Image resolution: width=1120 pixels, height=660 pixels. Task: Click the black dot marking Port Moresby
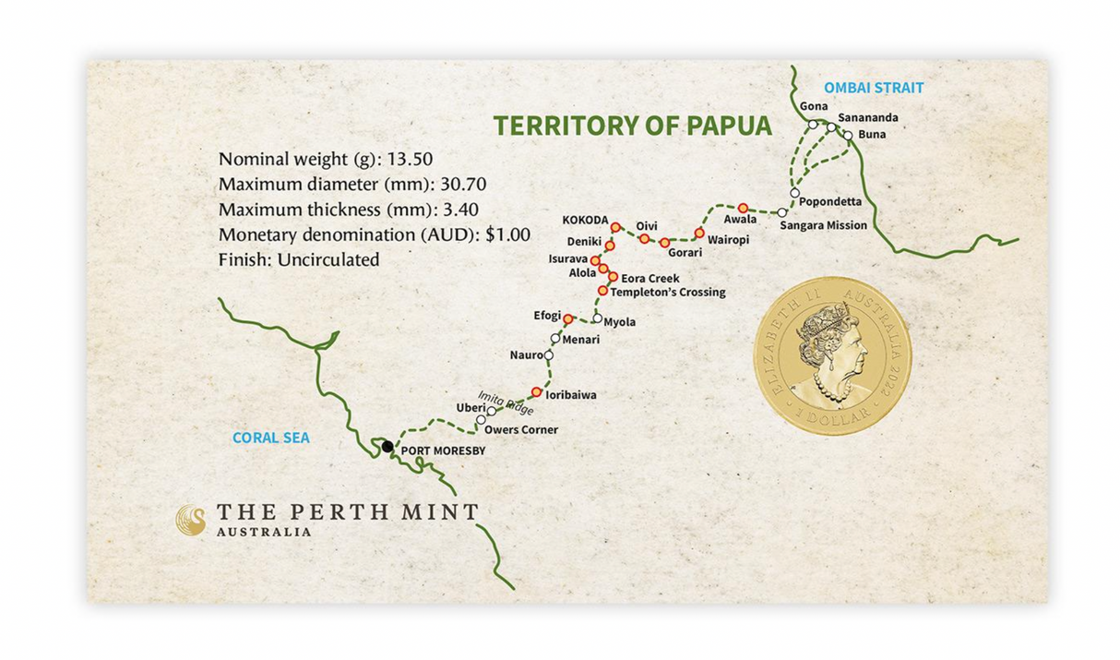pos(388,447)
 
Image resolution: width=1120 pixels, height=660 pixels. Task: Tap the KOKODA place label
pos(585,221)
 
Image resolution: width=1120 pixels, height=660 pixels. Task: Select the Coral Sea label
pos(270,438)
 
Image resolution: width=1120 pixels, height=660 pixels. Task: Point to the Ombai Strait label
pos(873,89)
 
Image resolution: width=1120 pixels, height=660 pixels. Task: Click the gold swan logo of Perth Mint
pos(191,520)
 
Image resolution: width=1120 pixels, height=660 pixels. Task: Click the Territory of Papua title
pos(632,126)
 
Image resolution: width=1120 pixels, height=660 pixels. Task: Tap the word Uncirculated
pos(328,260)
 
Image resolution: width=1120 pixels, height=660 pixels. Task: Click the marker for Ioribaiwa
pos(536,391)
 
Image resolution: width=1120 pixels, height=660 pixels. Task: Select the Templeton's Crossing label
pos(668,293)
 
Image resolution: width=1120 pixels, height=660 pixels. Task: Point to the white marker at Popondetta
pos(794,192)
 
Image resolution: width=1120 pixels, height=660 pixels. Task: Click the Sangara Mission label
pos(823,225)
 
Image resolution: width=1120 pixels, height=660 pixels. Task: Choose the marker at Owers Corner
pos(481,421)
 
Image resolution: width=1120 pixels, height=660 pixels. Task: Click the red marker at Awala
pos(743,207)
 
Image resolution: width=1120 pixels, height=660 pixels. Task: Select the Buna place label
pos(872,135)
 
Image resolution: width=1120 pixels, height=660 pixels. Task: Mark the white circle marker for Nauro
pos(549,354)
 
